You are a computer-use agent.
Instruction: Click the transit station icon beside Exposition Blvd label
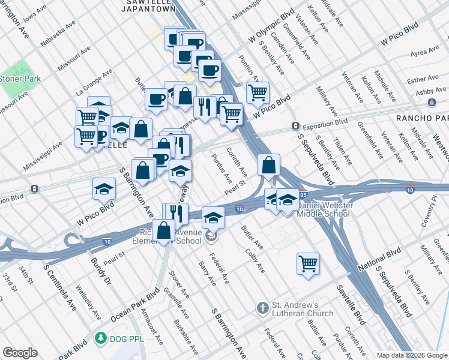[295, 125]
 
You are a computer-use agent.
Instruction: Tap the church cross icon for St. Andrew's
[262, 308]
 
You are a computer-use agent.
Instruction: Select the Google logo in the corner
[20, 352]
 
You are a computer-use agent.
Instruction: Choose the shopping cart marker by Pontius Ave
[258, 92]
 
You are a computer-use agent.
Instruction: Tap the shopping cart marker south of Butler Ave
[308, 263]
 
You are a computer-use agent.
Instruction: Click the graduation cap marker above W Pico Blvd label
[104, 188]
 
